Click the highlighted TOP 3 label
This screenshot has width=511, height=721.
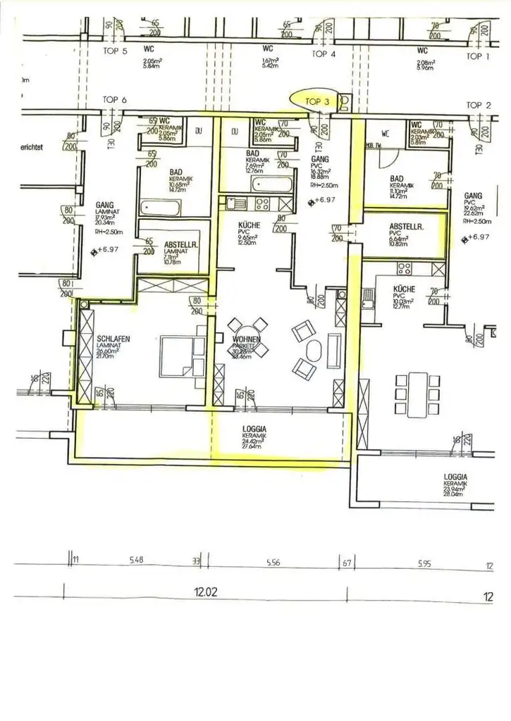[317, 101]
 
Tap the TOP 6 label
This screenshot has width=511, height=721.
[115, 100]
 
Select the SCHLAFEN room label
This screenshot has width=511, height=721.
[114, 339]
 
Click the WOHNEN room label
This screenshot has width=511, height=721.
[247, 340]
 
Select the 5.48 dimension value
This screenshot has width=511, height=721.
[137, 563]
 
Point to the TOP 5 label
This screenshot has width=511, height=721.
[115, 51]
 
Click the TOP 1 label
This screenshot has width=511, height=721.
[478, 56]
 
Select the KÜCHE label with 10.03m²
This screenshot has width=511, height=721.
[405, 289]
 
